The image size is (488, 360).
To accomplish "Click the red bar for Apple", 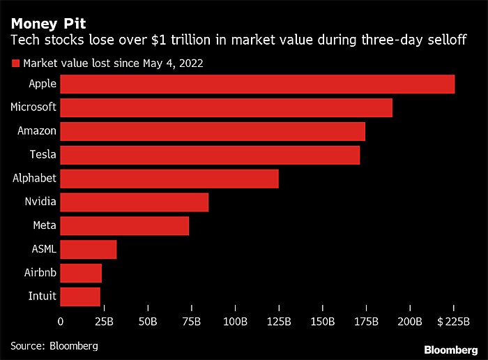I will pyautogui.click(x=257, y=84).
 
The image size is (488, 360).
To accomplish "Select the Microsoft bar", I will pyautogui.click(x=226, y=107).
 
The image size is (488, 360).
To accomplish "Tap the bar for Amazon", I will pyautogui.click(x=213, y=131).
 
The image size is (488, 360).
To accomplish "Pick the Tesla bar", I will pyautogui.click(x=210, y=155).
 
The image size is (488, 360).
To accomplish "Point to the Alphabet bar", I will pyautogui.click(x=169, y=179).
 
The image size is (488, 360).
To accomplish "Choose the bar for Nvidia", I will pyautogui.click(x=135, y=202).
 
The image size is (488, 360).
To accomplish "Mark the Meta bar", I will pyautogui.click(x=125, y=226).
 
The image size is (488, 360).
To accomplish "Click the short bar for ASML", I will pyautogui.click(x=89, y=249).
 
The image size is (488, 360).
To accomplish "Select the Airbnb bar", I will pyautogui.click(x=81, y=273).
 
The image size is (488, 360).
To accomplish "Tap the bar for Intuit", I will pyautogui.click(x=80, y=297).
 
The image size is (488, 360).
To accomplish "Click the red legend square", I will pyautogui.click(x=15, y=63).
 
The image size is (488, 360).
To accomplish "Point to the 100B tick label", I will pyautogui.click(x=235, y=322).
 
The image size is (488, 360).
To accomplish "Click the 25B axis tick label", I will pyautogui.click(x=103, y=322).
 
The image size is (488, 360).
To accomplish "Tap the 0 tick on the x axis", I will pyautogui.click(x=61, y=322).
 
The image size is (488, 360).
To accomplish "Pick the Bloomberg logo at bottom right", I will pyautogui.click(x=451, y=348).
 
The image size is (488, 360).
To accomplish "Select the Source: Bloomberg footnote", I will pyautogui.click(x=54, y=345).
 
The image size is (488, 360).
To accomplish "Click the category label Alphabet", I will pyautogui.click(x=34, y=179).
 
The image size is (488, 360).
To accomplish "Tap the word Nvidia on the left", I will pyautogui.click(x=39, y=202).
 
